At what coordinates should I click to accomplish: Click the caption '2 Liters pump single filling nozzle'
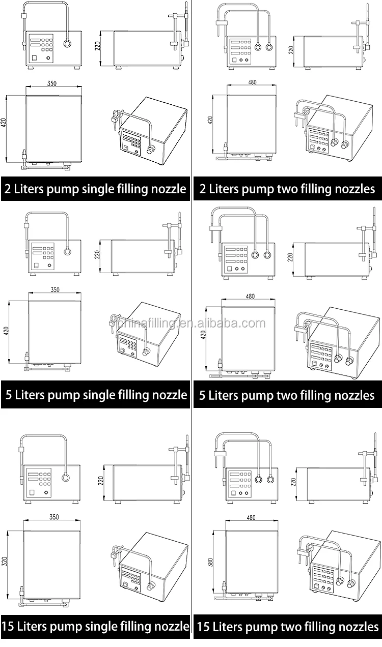coord(95,189)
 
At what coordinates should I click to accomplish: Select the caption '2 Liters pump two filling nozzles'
coord(287,189)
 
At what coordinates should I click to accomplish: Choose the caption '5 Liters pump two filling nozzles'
coord(287,395)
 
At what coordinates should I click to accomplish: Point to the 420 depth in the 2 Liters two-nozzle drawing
coord(210,121)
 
